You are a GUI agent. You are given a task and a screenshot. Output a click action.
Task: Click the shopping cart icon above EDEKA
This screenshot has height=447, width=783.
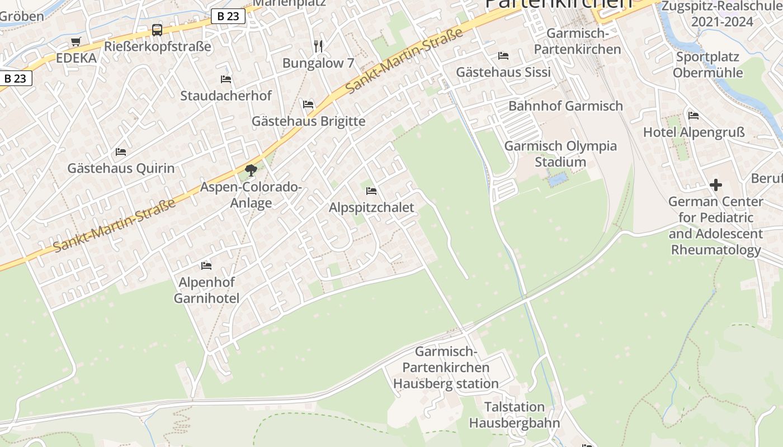(76, 41)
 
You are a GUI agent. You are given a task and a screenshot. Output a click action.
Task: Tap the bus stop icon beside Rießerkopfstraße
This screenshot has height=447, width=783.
(157, 30)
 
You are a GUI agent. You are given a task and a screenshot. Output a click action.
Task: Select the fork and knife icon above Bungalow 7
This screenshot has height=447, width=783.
(318, 46)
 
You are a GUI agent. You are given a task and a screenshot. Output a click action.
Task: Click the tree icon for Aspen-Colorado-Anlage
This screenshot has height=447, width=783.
(251, 170)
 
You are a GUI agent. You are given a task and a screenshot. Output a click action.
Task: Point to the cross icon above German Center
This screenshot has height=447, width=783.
(715, 185)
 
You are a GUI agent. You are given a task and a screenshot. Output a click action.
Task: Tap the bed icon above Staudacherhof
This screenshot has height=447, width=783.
(226, 79)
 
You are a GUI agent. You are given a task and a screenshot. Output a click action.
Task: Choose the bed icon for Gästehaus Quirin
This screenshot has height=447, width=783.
(121, 152)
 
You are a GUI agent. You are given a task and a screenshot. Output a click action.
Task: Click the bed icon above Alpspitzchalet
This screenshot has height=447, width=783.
(371, 191)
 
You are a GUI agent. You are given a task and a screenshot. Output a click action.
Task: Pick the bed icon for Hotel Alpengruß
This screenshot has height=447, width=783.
(694, 116)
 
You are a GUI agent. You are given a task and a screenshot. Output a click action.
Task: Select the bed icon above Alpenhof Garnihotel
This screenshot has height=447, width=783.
(206, 265)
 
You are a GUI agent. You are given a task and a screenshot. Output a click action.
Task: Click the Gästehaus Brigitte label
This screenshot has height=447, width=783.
(308, 121)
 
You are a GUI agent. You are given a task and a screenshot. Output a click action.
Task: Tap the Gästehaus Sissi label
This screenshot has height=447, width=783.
(503, 72)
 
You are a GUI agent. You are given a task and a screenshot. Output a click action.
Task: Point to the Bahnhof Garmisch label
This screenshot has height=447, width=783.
(565, 106)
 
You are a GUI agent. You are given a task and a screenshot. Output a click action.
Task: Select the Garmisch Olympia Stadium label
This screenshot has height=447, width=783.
(560, 154)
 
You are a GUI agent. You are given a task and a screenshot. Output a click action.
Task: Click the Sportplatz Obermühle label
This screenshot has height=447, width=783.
(708, 65)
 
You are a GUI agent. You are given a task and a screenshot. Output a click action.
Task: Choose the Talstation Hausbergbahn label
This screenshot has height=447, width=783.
(514, 415)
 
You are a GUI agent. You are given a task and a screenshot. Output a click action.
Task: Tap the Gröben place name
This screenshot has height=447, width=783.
(22, 16)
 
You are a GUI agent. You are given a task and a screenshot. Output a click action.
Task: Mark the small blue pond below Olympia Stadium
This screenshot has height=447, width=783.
(558, 180)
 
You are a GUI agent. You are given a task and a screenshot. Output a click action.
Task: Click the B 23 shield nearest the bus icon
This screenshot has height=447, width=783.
(228, 16)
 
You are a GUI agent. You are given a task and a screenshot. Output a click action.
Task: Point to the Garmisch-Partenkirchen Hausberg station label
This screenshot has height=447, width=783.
(446, 368)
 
